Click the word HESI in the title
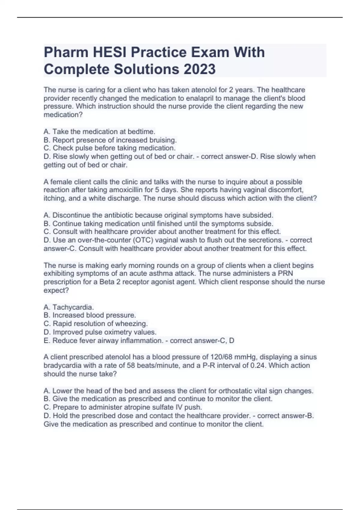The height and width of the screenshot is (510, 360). (x=109, y=52)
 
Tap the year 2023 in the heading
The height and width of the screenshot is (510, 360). (x=199, y=69)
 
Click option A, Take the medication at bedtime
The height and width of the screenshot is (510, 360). (x=99, y=132)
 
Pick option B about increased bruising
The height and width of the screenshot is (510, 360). (x=110, y=140)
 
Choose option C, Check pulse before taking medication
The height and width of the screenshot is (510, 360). (x=109, y=148)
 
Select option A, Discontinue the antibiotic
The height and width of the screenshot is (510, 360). (x=158, y=215)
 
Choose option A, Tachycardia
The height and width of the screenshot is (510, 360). (x=69, y=307)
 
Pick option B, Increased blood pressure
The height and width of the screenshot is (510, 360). (x=90, y=315)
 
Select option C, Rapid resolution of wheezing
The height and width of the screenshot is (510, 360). (x=96, y=324)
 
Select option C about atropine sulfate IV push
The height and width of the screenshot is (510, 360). (x=123, y=407)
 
